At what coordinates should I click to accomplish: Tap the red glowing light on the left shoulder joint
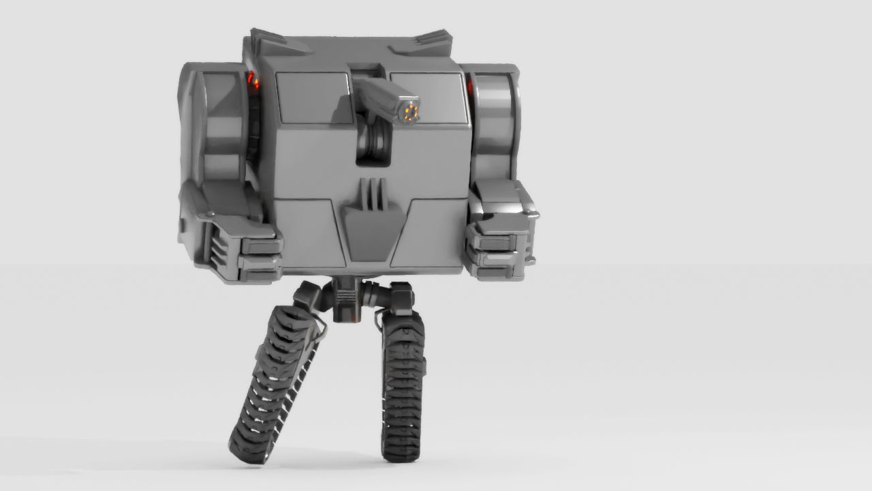[x=253, y=83]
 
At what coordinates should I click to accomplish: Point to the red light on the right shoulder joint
[x=469, y=86]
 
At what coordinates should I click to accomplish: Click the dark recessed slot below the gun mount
[x=374, y=147]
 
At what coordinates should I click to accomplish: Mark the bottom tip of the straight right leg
[x=402, y=451]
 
